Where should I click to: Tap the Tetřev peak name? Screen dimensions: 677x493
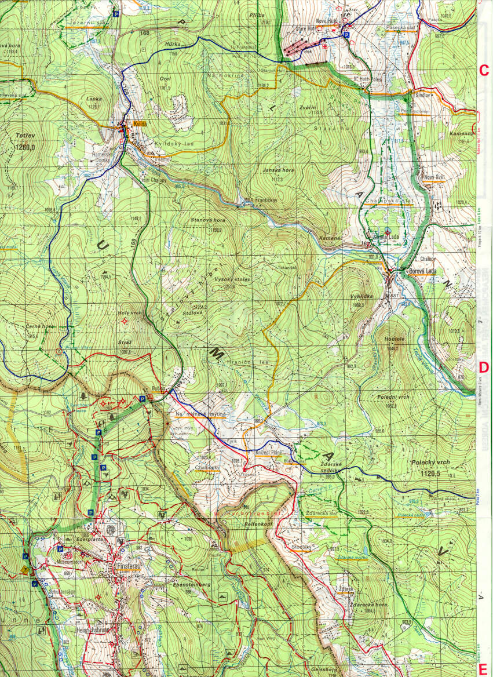(24, 136)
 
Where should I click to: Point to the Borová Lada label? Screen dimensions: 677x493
(425, 271)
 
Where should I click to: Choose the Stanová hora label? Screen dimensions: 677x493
(208, 220)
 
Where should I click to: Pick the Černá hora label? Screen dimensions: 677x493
(39, 326)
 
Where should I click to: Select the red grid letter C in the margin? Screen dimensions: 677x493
(483, 71)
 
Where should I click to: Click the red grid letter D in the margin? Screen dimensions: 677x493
(483, 367)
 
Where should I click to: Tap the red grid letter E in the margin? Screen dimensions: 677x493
(483, 667)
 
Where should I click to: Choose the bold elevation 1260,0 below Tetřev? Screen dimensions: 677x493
(23, 147)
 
